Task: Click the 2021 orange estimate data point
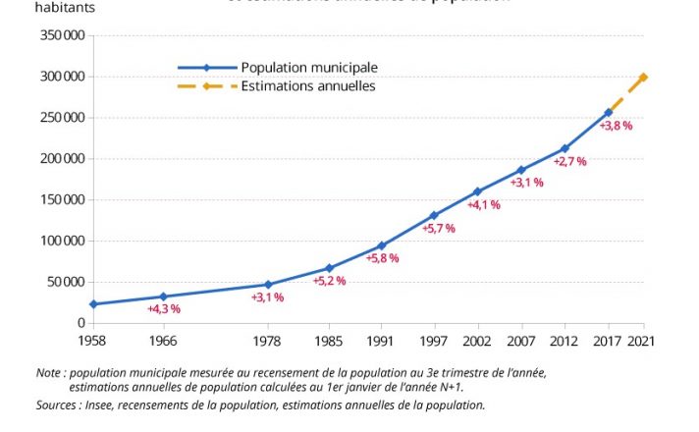coord(643,77)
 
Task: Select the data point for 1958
coord(93,304)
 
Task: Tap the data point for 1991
coord(382,245)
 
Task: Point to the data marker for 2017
coord(609,113)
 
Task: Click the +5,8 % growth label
coord(383,258)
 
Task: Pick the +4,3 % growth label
coord(164,309)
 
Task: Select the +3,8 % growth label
coord(616,126)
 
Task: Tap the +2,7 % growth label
coord(569,161)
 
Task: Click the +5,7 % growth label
coord(439,229)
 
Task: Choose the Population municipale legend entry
coord(308,68)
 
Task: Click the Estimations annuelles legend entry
coord(307,86)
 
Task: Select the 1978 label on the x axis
coord(268,342)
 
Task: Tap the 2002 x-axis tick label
coord(478,342)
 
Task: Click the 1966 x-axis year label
coord(163,342)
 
